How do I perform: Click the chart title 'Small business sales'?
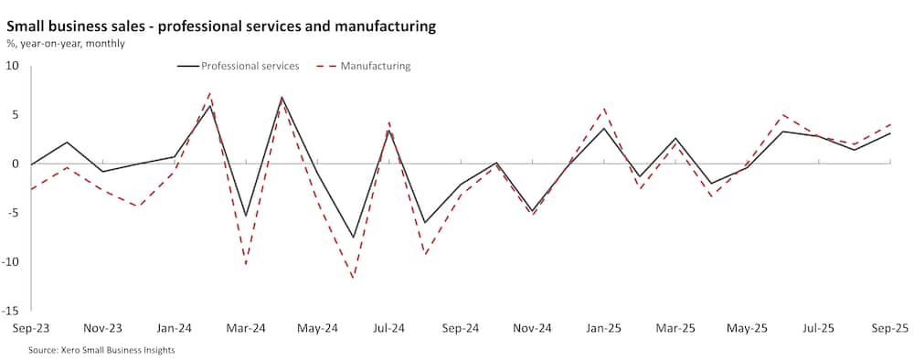[220, 26]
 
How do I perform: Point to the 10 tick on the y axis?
[13, 66]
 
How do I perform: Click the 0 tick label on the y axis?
[16, 164]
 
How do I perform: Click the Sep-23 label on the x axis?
[31, 328]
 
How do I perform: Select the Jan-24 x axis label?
[175, 328]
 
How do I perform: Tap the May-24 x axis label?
[318, 328]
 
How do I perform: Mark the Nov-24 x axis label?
[533, 328]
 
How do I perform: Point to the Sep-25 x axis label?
[888, 328]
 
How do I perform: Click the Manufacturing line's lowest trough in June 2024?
[353, 278]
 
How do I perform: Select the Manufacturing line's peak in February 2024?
[210, 92]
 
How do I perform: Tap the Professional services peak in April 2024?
[282, 97]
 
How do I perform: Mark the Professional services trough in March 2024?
[246, 217]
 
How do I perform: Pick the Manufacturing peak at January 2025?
[604, 109]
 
